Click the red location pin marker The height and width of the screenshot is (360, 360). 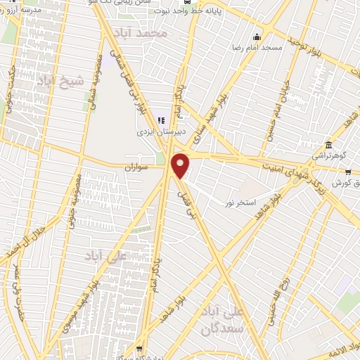click(x=181, y=165)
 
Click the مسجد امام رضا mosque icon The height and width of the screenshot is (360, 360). click(x=257, y=37)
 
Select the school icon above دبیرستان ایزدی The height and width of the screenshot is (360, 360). click(x=162, y=120)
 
